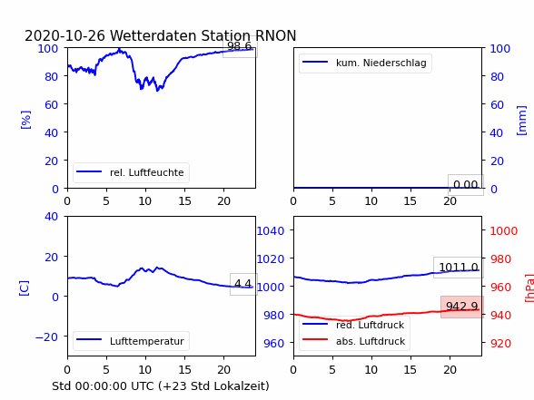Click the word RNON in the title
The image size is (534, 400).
pyautogui.click(x=275, y=35)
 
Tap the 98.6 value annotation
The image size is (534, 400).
pyautogui.click(x=240, y=46)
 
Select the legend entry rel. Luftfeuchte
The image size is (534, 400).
pyautogui.click(x=130, y=172)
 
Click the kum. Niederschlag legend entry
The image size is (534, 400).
pyautogui.click(x=364, y=63)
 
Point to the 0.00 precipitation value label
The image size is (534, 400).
pyautogui.click(x=466, y=185)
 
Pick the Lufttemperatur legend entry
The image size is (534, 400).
pyautogui.click(x=130, y=341)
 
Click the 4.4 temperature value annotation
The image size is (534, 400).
pyautogui.click(x=242, y=283)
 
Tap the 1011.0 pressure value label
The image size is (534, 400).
pyautogui.click(x=459, y=267)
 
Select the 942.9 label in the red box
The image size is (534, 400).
pyautogui.click(x=462, y=307)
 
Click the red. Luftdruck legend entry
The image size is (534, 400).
pyautogui.click(x=353, y=325)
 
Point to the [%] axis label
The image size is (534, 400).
pyautogui.click(x=25, y=120)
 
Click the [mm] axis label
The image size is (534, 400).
pyautogui.click(x=521, y=121)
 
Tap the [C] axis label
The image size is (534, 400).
pyautogui.click(x=24, y=288)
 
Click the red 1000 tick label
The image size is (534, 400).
pyautogui.click(x=504, y=231)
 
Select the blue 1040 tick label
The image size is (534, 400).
pyautogui.click(x=271, y=231)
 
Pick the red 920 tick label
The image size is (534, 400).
pyautogui.click(x=500, y=343)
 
